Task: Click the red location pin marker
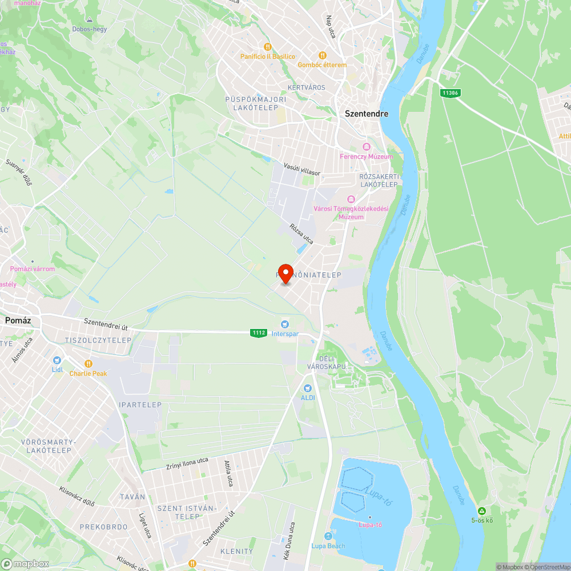[x=285, y=272]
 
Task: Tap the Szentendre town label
[x=367, y=114]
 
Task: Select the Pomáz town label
[x=17, y=320]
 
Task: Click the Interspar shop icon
[x=284, y=324]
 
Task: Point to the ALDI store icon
[x=308, y=388]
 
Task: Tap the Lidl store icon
[x=57, y=360]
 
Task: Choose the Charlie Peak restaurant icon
[x=88, y=363]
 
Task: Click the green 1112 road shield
[x=258, y=332]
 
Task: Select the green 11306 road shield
[x=450, y=93]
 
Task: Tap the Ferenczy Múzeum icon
[x=367, y=147]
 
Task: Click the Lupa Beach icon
[x=328, y=536]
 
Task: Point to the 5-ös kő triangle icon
[x=482, y=510]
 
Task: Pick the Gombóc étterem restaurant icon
[x=322, y=55]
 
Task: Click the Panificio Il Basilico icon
[x=267, y=47]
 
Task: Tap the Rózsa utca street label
[x=301, y=234]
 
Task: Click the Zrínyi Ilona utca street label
[x=187, y=463]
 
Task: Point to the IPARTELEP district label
[x=140, y=405]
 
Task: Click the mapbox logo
[x=25, y=564]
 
